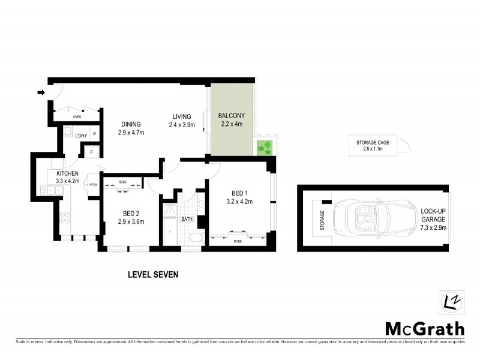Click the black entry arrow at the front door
point(41,92)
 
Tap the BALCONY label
point(230,116)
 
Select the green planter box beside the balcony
point(264,147)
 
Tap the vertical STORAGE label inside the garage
point(322,220)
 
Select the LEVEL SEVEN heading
point(153,275)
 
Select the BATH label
point(187,219)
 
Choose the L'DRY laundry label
point(82,135)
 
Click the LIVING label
point(181,116)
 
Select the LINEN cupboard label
point(76,116)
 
